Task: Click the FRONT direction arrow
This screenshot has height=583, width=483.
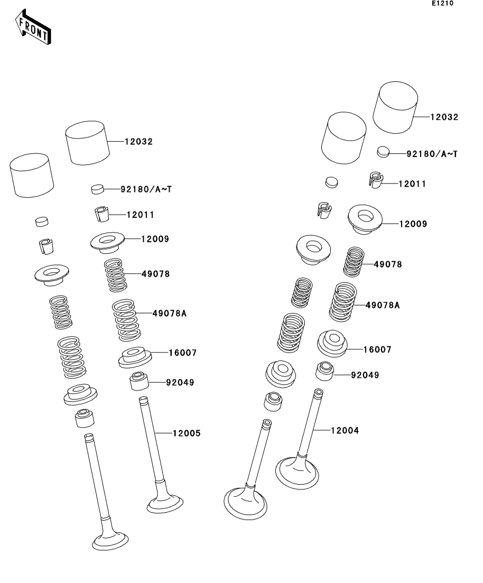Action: pyautogui.click(x=33, y=27)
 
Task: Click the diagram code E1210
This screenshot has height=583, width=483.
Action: pyautogui.click(x=442, y=3)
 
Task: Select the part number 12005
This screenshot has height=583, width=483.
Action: pyautogui.click(x=187, y=433)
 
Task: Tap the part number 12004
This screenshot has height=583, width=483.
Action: pyautogui.click(x=345, y=431)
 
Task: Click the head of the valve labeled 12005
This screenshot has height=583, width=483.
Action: pyautogui.click(x=165, y=503)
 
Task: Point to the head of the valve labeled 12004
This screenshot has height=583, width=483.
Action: pyautogui.click(x=297, y=473)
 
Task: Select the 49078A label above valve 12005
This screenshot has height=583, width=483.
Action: pyautogui.click(x=170, y=313)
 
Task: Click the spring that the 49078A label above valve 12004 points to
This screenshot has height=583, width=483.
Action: pyautogui.click(x=343, y=302)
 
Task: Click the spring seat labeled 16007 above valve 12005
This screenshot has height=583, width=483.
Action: pyautogui.click(x=135, y=357)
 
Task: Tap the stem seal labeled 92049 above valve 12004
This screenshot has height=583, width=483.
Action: pyautogui.click(x=324, y=371)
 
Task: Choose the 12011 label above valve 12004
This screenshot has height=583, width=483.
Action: pyautogui.click(x=412, y=184)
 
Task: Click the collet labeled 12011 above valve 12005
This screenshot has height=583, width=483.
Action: pyautogui.click(x=101, y=214)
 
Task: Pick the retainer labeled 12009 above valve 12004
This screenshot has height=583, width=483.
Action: pyautogui.click(x=365, y=219)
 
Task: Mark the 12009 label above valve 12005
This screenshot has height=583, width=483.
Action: pyautogui.click(x=155, y=239)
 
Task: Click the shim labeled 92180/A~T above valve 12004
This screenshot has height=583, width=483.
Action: pyautogui.click(x=383, y=152)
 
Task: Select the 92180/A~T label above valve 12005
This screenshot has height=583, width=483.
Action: pyautogui.click(x=146, y=189)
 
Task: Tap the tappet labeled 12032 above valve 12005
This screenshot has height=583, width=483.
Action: pyautogui.click(x=87, y=143)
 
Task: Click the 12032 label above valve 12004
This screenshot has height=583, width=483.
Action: pyautogui.click(x=444, y=117)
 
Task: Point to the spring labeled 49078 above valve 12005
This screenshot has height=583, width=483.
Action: pyautogui.click(x=116, y=275)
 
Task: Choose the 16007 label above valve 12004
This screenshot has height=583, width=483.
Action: pyautogui.click(x=377, y=349)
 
